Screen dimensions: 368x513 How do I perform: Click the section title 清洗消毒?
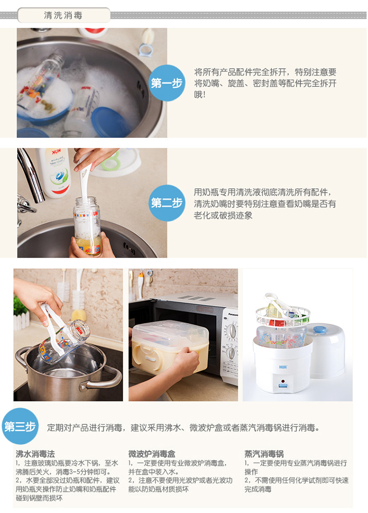point(63,15)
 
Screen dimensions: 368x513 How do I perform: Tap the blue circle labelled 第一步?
point(167,83)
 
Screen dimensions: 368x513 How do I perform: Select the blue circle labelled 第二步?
point(167,203)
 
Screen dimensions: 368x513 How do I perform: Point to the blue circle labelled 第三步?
point(20,426)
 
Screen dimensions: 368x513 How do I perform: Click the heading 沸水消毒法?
point(35,454)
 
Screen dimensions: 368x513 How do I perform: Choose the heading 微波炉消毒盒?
point(152,454)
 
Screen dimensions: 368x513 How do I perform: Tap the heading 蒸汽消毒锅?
point(264,454)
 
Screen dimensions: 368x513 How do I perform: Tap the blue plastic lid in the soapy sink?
point(110,122)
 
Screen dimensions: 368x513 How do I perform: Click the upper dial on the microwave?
point(232,331)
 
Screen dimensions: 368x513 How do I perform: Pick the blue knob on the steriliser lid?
point(319,330)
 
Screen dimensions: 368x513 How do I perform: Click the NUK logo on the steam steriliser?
point(283,367)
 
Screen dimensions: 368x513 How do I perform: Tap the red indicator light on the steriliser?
point(283,381)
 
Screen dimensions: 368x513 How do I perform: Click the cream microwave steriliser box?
point(170,347)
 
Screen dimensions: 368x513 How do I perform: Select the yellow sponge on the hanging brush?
point(79,315)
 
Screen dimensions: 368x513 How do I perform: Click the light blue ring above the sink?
point(146,51)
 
